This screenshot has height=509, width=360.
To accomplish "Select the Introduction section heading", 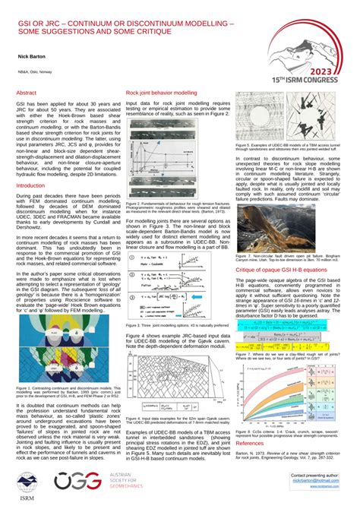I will tap(31, 185).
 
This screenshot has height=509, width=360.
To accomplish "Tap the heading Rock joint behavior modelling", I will tap(161, 93).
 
